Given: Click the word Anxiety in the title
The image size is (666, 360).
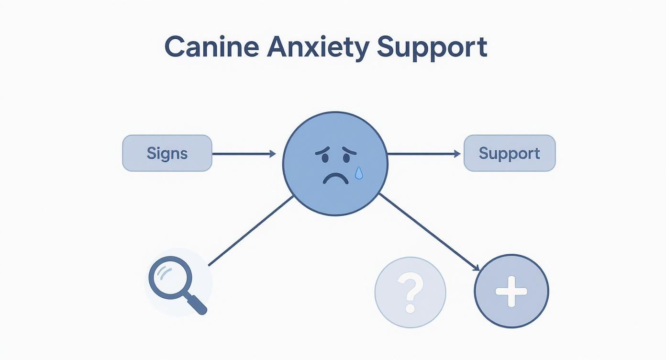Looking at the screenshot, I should click(x=318, y=47).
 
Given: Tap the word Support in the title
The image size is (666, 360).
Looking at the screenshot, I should click(x=432, y=47).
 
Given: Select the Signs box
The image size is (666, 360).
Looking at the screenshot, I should click(x=167, y=153).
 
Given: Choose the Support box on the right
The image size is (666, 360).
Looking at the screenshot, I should click(x=510, y=153).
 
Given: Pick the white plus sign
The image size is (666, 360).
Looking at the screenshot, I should click(x=511, y=291).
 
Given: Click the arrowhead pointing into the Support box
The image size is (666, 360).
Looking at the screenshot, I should click(x=457, y=154).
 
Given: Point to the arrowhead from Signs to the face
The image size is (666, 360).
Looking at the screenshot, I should click(x=273, y=154).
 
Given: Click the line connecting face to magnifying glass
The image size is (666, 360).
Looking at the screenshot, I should click(x=251, y=230).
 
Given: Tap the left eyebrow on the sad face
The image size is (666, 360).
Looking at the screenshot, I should click(x=322, y=151).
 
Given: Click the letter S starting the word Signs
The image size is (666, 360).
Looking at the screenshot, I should click(x=151, y=153).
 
